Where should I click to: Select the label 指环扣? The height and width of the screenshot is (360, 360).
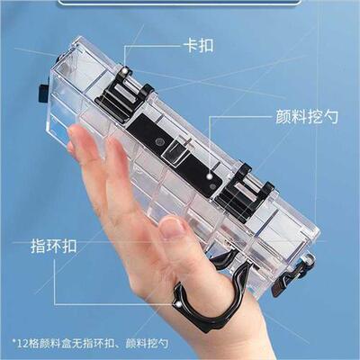pos(53,245)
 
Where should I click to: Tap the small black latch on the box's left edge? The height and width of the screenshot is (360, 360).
pos(40,92)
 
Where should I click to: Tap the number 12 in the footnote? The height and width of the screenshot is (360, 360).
pos(22,343)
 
